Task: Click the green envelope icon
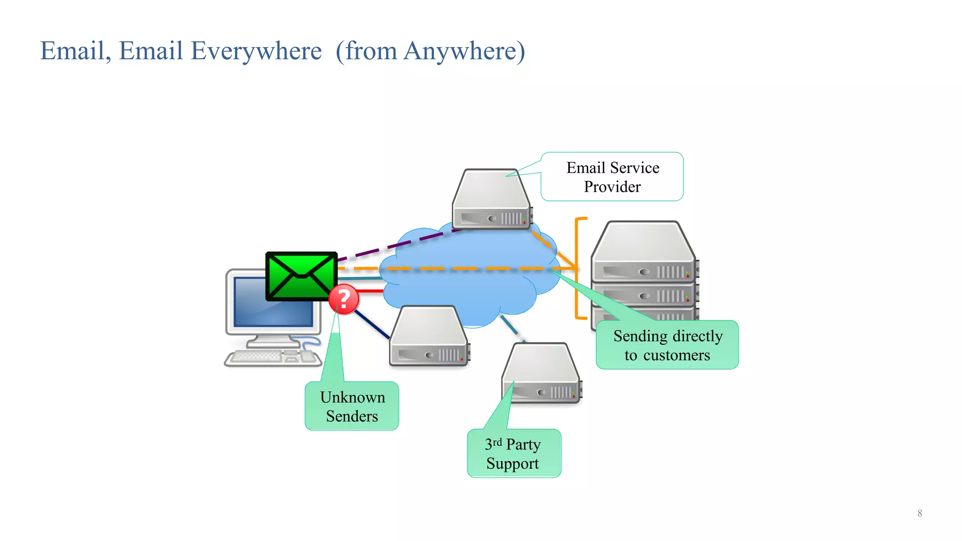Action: point(301,276)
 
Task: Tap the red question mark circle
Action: point(343,299)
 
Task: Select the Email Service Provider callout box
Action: point(612,177)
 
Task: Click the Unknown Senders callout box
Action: point(352,406)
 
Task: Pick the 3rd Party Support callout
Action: point(514,453)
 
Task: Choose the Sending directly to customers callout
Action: point(667,345)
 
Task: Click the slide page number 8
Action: point(919,513)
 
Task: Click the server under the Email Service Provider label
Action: point(491,200)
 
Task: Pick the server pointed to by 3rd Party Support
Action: point(541,373)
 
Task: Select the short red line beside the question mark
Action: point(371,291)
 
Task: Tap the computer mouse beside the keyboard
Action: point(308,356)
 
